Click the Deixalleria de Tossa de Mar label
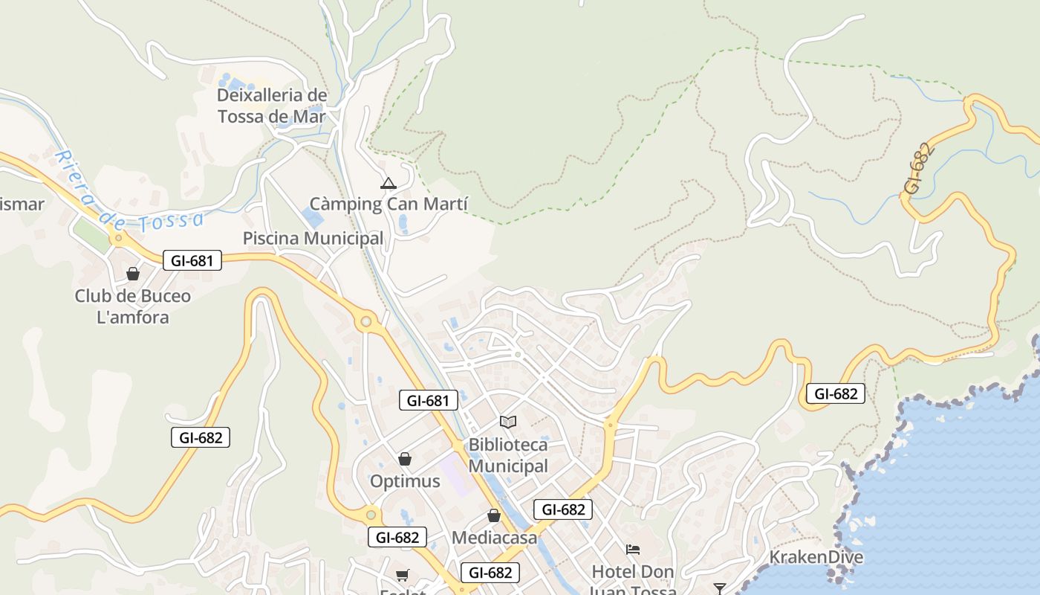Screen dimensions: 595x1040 [272, 106]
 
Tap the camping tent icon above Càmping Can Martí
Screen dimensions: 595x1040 [388, 183]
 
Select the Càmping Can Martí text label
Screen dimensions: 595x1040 [389, 204]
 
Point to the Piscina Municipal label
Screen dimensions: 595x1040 [313, 238]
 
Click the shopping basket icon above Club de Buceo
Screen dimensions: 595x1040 [133, 274]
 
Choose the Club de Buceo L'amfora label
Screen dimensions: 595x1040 [133, 306]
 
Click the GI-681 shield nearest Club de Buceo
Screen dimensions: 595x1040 [192, 260]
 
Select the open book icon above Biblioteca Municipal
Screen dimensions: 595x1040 [508, 422]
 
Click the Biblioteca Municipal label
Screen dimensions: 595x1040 [508, 455]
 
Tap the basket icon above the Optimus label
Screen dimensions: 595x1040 [405, 459]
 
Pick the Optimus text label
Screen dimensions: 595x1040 [405, 481]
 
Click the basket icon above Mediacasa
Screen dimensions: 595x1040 [494, 515]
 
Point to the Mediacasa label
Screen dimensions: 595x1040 [494, 537]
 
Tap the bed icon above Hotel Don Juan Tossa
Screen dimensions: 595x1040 [633, 550]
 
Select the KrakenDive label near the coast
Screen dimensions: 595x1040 [816, 557]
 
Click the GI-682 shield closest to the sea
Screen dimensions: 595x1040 [836, 393]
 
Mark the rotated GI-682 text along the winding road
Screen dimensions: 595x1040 [919, 169]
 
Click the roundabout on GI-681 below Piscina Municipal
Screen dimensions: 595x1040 [365, 322]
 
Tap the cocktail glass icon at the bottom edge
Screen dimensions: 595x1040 [719, 589]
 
